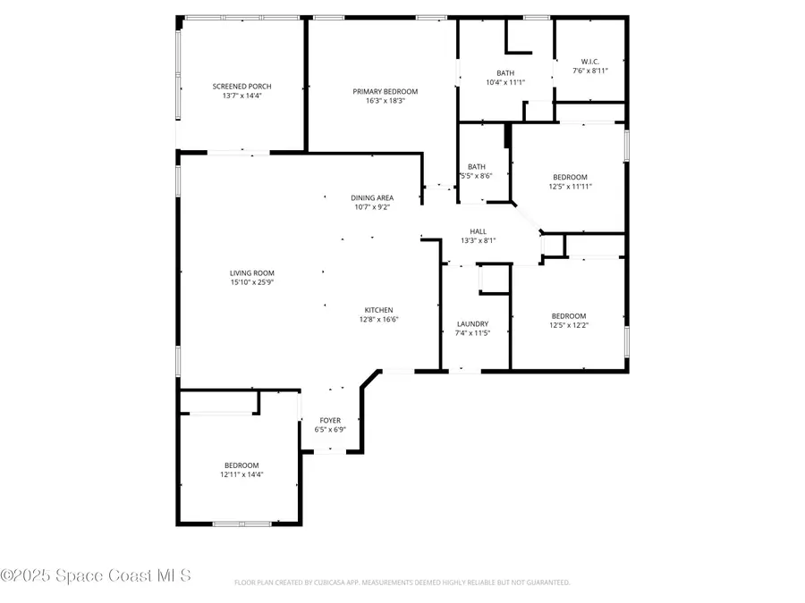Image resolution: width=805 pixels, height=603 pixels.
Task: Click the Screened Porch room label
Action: pos(241,87)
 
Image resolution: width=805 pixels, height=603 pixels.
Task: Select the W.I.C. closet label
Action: pos(589,62)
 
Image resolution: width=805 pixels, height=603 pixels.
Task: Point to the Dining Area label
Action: pos(372,197)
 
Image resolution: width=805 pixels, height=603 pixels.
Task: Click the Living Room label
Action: pos(251,273)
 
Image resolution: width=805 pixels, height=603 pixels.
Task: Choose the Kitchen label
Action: pos(378,310)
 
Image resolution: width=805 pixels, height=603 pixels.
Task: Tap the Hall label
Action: pos(478,231)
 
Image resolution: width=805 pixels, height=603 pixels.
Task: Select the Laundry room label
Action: pos(472,323)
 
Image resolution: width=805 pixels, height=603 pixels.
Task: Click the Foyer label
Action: pos(330,420)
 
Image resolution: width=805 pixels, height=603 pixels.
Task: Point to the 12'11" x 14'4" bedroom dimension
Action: pos(241,475)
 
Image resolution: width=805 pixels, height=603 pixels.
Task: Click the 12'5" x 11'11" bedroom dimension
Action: pos(570,187)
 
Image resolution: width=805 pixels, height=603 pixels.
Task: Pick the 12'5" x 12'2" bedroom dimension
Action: pos(569,325)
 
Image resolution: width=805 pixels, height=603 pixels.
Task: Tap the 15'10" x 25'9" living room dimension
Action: pos(251,283)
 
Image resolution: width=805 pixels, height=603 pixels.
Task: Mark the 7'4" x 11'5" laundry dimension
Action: pos(472,333)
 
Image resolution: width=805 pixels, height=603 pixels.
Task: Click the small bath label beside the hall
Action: pos(476,166)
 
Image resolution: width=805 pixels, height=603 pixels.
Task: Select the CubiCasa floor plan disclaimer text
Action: pos(402,582)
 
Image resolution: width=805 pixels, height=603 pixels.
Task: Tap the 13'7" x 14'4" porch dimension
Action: pos(241,96)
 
